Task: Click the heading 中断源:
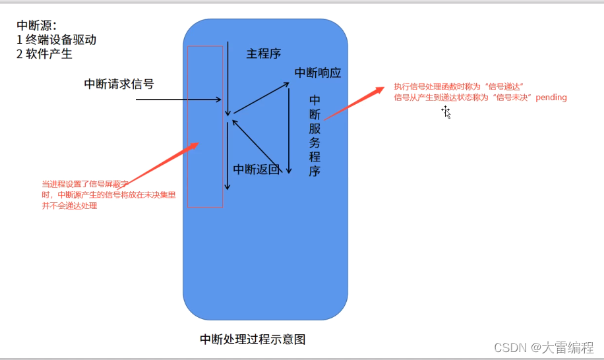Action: point(37,25)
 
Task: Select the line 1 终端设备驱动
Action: point(57,40)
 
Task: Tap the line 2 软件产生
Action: point(44,54)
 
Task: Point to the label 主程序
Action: point(264,53)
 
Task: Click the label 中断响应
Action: point(318,73)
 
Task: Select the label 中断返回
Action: point(256,169)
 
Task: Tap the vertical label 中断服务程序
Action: point(315,135)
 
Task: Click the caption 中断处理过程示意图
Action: point(253,340)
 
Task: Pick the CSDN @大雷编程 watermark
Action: point(544,347)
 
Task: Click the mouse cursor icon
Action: point(446,112)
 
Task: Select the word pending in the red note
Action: point(551,98)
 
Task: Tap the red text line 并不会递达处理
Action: point(69,206)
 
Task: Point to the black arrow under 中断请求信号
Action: point(178,100)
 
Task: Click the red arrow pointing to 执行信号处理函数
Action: point(355,103)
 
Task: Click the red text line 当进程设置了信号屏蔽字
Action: point(84,184)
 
